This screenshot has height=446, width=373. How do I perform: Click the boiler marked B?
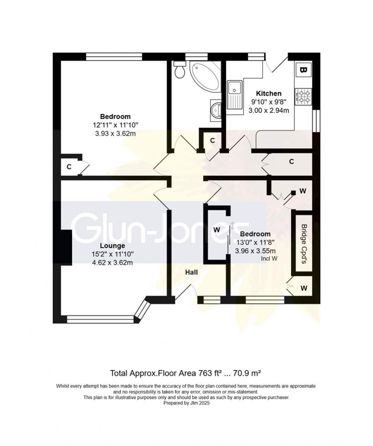pyautogui.click(x=303, y=69)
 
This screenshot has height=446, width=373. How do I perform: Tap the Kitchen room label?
pyautogui.click(x=268, y=93)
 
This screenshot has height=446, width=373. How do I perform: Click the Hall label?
pyautogui.click(x=191, y=272)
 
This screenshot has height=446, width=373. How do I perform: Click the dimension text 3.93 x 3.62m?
pyautogui.click(x=115, y=133)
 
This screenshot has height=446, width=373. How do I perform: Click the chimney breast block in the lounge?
pyautogui.click(x=66, y=247)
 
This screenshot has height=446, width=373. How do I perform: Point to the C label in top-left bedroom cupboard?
pyautogui.click(x=68, y=167)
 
